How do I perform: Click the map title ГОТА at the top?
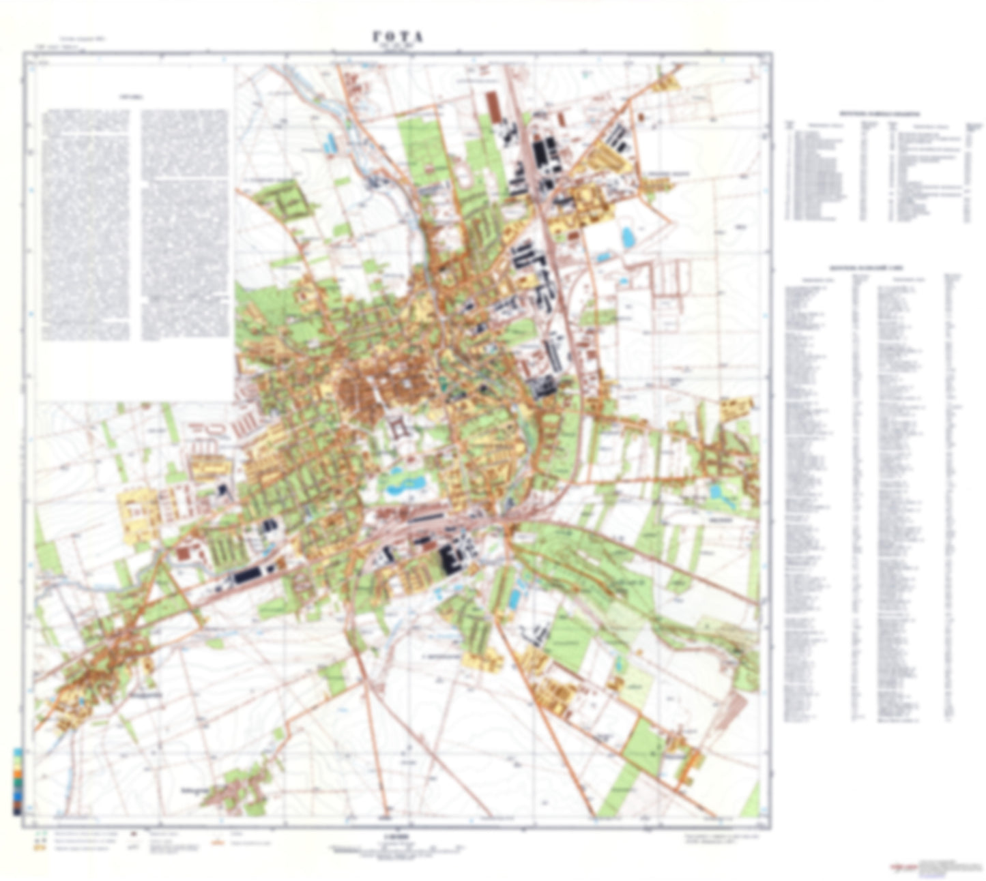(398, 38)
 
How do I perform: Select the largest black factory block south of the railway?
(450, 559)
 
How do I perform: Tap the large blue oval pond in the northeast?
(627, 237)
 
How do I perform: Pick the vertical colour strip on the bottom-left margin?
(16, 781)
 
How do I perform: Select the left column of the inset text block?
(85, 224)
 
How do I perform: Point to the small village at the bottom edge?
(235, 791)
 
